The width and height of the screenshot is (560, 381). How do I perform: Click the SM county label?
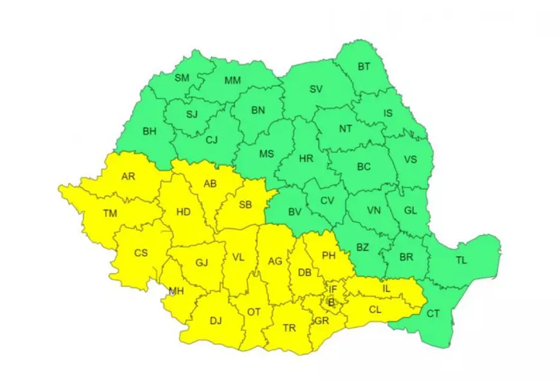point(182,79)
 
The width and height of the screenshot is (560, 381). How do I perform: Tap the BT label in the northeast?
point(364,66)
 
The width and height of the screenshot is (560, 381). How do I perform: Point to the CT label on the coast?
point(433,313)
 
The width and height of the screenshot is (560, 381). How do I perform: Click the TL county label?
point(462,261)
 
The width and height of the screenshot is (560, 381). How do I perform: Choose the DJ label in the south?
point(216,320)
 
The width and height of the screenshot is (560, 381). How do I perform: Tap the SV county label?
point(315,89)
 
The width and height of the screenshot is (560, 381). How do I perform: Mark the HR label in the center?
point(306,159)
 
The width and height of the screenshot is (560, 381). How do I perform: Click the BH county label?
point(149,131)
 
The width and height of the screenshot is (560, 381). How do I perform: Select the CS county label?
point(141,253)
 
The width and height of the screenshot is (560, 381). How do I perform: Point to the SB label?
point(245,205)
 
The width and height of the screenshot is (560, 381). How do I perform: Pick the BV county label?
point(295,212)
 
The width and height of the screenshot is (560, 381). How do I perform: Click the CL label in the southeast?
point(375,309)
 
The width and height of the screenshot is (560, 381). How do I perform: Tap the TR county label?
point(290,328)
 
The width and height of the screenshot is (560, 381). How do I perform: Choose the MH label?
point(176,291)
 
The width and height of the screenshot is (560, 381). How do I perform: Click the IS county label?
point(387,113)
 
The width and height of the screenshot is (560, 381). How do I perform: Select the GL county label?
point(410,209)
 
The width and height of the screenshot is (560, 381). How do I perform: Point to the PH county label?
point(329,256)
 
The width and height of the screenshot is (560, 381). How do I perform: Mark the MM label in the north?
point(232,80)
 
